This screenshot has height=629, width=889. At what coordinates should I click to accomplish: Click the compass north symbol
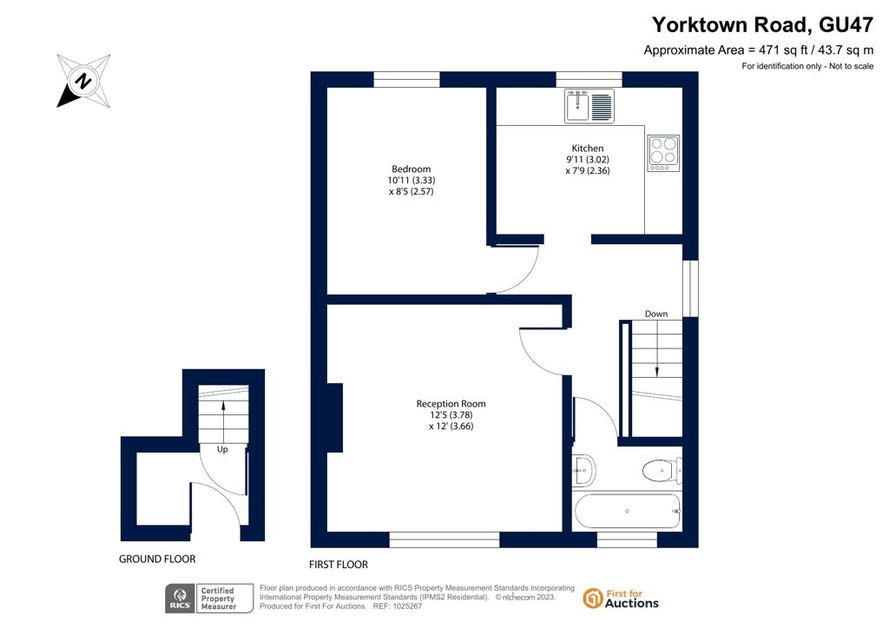click(x=83, y=81)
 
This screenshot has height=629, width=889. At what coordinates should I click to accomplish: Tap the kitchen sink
click(x=589, y=105)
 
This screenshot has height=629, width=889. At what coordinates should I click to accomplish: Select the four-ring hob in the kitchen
click(x=663, y=153)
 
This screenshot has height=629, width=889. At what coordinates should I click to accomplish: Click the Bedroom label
click(x=411, y=169)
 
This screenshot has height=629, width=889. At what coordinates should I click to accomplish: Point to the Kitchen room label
click(x=588, y=148)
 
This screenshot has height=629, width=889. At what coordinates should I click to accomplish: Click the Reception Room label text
click(x=451, y=404)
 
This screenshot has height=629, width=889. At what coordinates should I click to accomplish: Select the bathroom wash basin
click(x=583, y=470)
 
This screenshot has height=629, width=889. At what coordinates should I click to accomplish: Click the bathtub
click(x=627, y=511)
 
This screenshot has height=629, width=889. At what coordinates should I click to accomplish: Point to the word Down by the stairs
click(x=656, y=314)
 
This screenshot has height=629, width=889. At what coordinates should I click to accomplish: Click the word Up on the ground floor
click(x=222, y=449)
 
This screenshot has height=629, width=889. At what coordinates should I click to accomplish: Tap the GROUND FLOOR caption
click(x=157, y=559)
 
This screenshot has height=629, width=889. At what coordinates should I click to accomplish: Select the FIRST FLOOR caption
click(x=339, y=565)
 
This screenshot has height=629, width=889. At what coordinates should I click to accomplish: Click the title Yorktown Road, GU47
click(x=762, y=25)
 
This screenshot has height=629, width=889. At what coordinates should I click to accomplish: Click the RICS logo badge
click(x=209, y=599)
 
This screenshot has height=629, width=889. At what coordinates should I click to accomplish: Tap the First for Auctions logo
click(x=621, y=599)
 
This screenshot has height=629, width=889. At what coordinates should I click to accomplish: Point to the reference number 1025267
click(x=406, y=606)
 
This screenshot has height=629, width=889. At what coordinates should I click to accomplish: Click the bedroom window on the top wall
click(x=406, y=79)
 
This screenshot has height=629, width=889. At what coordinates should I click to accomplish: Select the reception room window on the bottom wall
click(x=444, y=540)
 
